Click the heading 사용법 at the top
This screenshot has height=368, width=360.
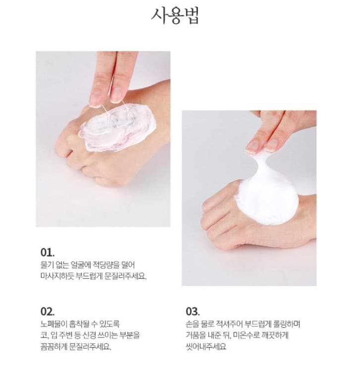click(175, 16)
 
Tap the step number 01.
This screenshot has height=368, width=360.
click(48, 252)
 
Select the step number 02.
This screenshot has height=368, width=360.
click(48, 311)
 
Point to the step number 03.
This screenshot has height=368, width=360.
click(193, 311)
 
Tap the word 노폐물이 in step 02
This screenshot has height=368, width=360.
click(54, 324)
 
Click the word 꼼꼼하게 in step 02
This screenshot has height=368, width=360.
click(54, 347)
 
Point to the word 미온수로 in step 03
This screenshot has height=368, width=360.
click(246, 335)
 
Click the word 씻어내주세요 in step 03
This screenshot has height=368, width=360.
click(206, 347)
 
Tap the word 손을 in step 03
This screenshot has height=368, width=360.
click(192, 324)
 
